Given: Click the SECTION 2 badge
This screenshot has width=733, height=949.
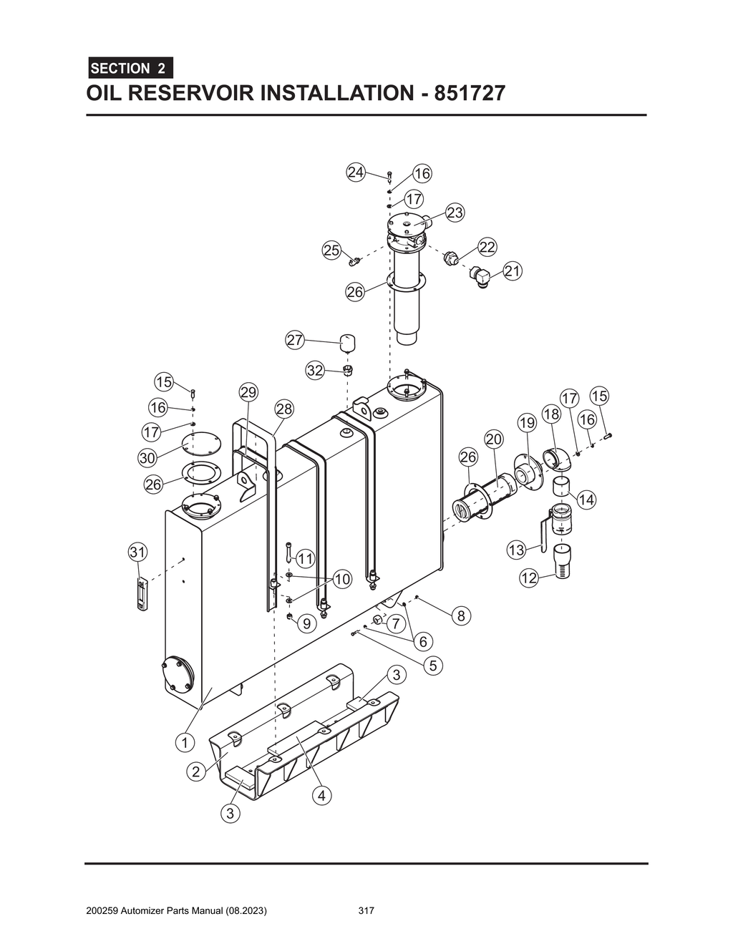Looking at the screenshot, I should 130,68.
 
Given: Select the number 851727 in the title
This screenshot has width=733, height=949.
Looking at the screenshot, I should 465,94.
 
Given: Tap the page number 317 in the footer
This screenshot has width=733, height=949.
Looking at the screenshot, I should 366,911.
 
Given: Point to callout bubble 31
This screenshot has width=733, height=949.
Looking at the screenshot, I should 137,552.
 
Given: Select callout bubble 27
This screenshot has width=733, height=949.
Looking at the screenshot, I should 295,340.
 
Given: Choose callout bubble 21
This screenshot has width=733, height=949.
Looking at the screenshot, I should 513,271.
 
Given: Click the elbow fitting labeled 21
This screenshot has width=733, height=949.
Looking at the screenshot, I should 479,276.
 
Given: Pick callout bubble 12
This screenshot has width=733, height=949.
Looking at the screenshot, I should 528,578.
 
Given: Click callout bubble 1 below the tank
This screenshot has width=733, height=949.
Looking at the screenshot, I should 185,742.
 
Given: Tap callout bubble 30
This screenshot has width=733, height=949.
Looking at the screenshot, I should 147,457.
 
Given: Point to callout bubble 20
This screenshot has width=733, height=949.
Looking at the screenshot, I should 494,439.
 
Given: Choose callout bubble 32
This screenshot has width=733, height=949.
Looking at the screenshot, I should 315,370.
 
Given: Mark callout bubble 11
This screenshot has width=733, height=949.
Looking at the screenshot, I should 306,558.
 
